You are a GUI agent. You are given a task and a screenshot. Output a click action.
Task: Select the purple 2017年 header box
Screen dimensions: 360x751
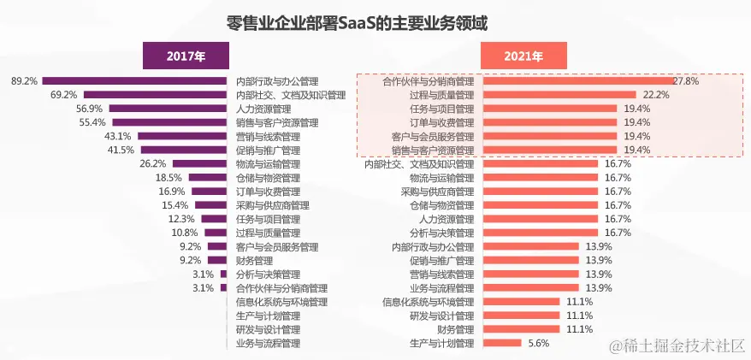(x=186, y=56)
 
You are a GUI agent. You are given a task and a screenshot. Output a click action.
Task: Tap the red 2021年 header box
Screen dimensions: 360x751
(x=524, y=56)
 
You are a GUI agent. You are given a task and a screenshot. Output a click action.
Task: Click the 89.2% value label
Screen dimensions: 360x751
(x=24, y=81)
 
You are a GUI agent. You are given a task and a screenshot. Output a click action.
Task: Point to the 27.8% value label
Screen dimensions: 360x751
(x=686, y=81)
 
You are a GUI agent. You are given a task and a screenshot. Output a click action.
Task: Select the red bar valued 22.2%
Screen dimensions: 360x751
(x=559, y=95)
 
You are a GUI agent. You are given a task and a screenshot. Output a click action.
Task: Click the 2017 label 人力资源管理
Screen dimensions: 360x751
(x=264, y=109)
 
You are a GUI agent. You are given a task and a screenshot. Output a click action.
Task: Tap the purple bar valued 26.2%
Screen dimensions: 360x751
(x=202, y=164)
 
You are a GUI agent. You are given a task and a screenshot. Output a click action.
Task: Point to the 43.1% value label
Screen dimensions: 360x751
(x=117, y=136)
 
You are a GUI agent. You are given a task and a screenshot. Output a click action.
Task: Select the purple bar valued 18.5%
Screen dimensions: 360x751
(x=208, y=178)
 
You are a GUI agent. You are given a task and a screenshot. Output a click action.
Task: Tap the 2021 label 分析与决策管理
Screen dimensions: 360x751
(x=441, y=233)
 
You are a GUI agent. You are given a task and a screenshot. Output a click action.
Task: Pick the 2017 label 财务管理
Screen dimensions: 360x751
(x=255, y=260)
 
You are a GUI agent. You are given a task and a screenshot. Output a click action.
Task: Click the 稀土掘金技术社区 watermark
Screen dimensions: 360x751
(x=677, y=345)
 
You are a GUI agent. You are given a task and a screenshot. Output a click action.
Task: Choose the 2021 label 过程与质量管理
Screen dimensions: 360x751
(x=441, y=95)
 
